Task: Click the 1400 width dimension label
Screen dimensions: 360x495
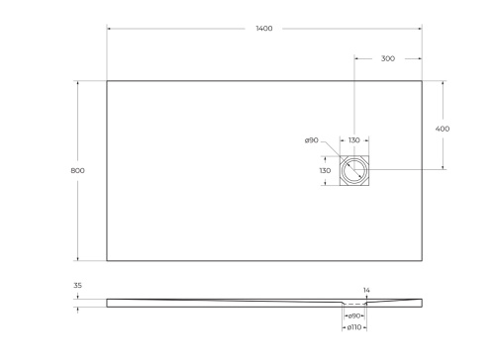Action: [263, 29]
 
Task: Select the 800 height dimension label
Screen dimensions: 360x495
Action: [77, 171]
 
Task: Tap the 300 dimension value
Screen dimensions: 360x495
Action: [387, 58]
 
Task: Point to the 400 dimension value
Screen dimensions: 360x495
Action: [443, 129]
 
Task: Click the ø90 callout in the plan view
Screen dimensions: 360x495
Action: [311, 140]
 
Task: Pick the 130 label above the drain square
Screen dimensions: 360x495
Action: [353, 140]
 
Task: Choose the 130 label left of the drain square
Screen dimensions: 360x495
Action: [324, 171]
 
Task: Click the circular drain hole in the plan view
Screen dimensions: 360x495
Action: [354, 171]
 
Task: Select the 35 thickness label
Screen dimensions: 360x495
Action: [77, 285]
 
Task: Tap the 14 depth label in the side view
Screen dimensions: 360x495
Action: [366, 290]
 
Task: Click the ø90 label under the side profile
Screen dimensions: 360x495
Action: [353, 315]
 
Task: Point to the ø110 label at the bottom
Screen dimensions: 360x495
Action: [353, 326]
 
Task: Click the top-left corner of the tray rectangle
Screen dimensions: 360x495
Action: [107, 81]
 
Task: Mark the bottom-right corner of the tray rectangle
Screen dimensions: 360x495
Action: [421, 261]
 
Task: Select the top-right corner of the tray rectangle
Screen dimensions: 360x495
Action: [421, 81]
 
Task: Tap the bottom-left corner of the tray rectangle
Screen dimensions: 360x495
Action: [107, 261]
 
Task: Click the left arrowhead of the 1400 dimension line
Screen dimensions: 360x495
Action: [108, 29]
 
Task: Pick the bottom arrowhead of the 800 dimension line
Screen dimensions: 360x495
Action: [77, 260]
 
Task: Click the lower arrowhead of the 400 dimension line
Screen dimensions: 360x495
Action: [443, 170]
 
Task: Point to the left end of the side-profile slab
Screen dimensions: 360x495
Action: [107, 301]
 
